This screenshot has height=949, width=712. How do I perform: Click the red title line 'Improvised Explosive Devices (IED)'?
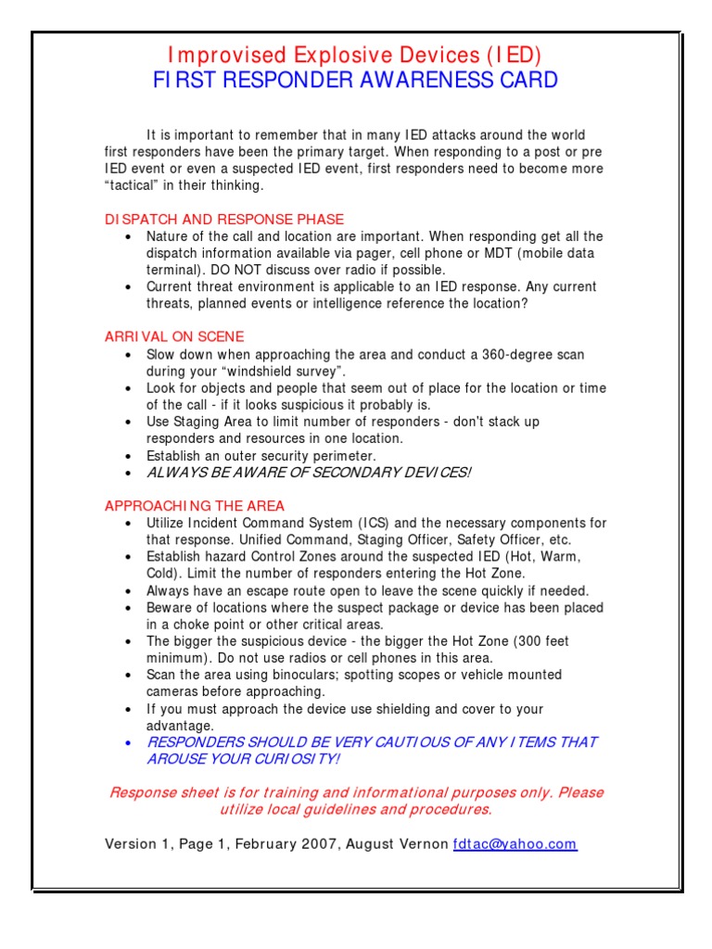[355, 55]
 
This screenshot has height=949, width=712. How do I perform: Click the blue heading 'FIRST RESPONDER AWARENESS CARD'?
[355, 80]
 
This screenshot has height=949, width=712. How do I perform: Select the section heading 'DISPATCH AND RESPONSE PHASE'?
[223, 220]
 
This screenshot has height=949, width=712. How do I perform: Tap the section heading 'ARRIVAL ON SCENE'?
[174, 337]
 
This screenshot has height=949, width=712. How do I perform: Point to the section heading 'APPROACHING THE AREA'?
[195, 506]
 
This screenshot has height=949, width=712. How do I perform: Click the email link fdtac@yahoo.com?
[515, 844]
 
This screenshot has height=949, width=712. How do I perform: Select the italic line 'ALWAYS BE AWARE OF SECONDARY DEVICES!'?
[309, 473]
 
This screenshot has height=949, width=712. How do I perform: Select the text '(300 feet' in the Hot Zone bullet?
[538, 641]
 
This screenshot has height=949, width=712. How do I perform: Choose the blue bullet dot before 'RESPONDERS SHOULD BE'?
[127, 743]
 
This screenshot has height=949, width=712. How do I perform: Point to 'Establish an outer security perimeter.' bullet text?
[261, 456]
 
